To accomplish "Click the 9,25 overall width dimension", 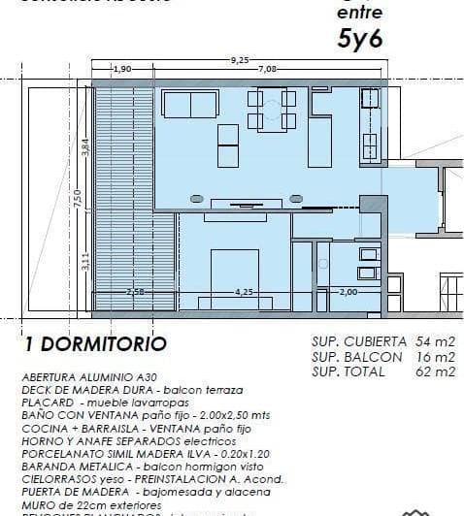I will [x=239, y=60].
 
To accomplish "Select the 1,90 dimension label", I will [x=123, y=70].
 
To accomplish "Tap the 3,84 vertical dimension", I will [x=84, y=147].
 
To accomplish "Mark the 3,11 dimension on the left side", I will [x=84, y=260].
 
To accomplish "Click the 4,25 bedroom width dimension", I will [x=244, y=291].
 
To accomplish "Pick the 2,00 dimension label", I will [x=349, y=291].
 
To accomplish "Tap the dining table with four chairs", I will [x=272, y=110].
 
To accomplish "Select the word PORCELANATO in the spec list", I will [x=61, y=453].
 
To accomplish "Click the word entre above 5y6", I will [x=352, y=14].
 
